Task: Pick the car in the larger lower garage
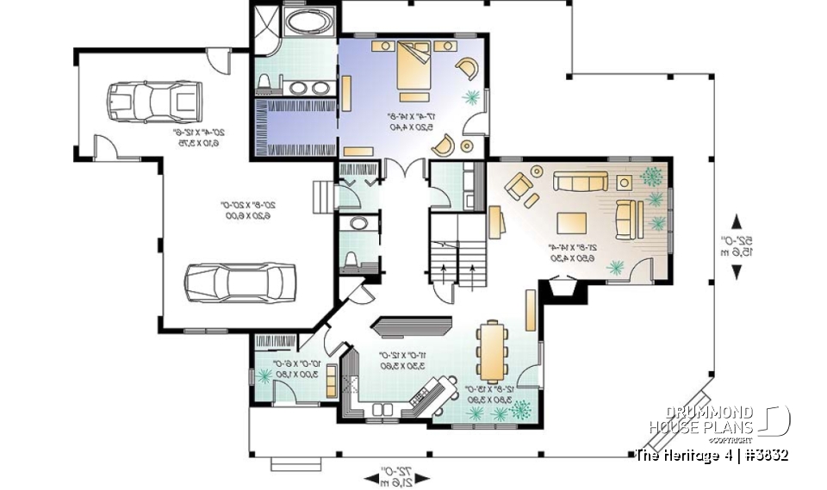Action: coord(240,282)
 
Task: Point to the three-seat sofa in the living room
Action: coord(579,182)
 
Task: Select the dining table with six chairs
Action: coord(493,350)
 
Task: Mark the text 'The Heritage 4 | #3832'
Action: coord(711,455)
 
